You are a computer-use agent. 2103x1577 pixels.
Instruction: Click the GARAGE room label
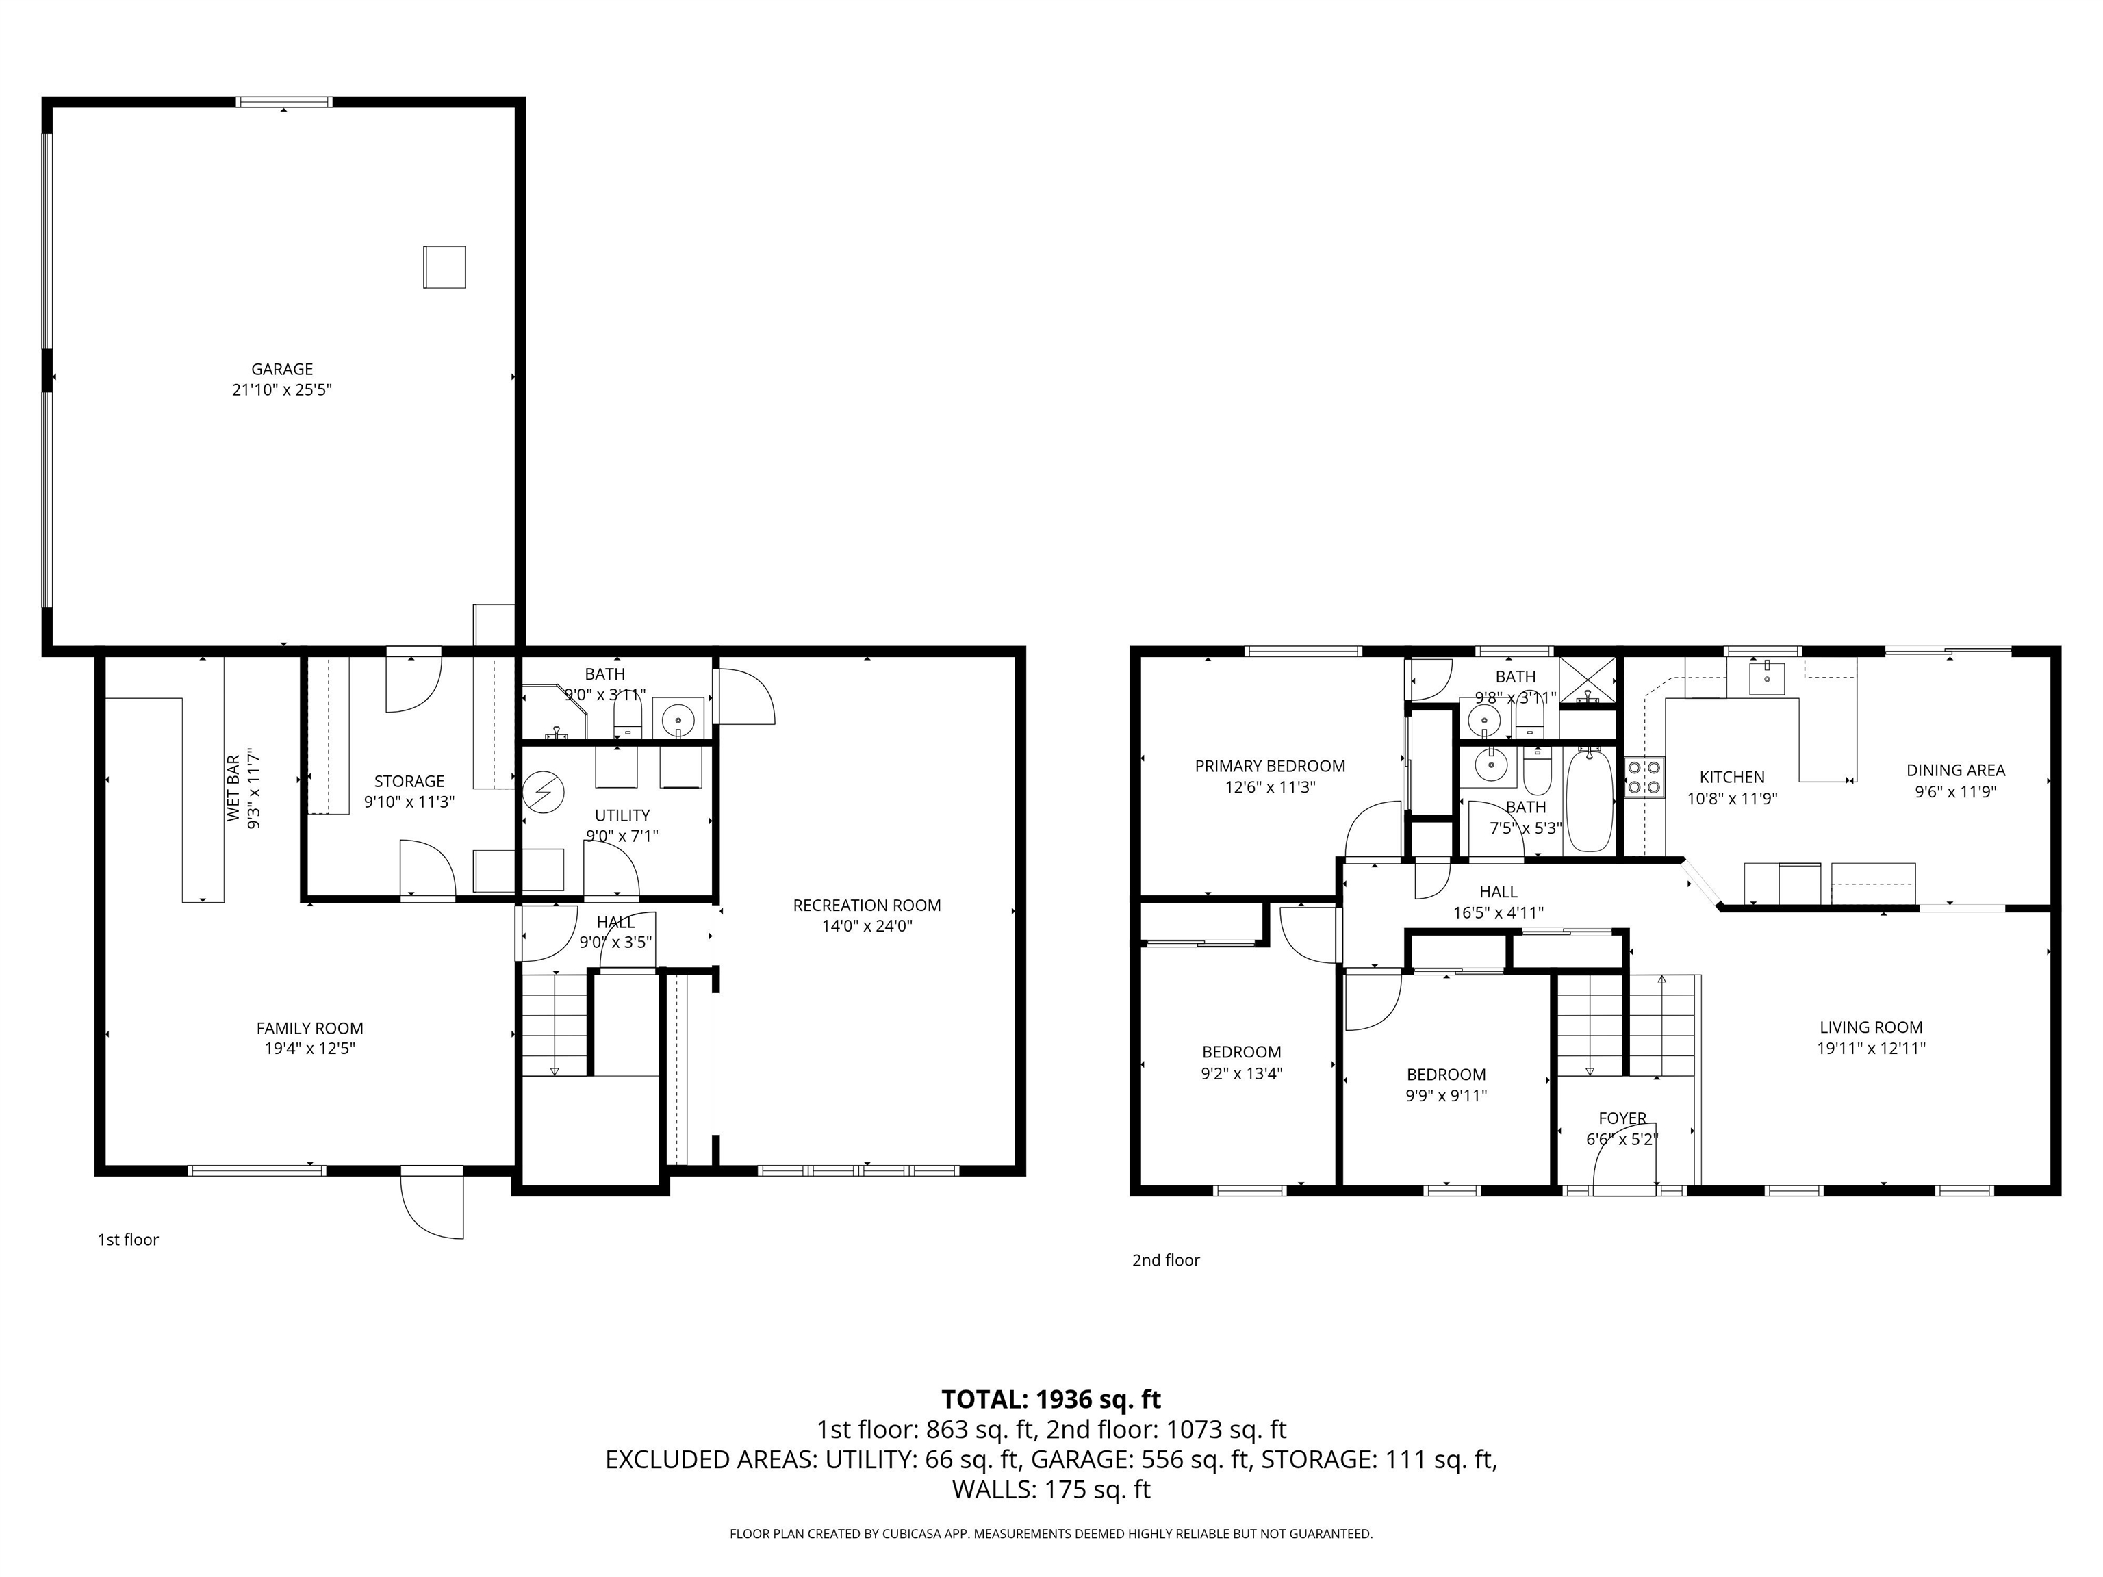[281, 369]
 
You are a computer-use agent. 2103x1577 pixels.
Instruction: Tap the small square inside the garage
[444, 267]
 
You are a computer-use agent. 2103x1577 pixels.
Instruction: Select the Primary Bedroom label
[1269, 766]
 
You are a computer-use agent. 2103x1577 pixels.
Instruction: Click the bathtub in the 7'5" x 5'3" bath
[1589, 800]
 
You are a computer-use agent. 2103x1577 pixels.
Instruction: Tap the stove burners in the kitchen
[1644, 777]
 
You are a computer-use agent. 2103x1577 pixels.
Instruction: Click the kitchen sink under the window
[1766, 678]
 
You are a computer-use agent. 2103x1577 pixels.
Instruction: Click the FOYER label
[1622, 1119]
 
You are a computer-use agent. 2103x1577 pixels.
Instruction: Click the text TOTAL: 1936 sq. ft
[1051, 1399]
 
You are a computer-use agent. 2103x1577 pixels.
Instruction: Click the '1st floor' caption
[128, 1240]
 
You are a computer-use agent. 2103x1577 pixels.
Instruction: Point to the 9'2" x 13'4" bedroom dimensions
[1242, 1073]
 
